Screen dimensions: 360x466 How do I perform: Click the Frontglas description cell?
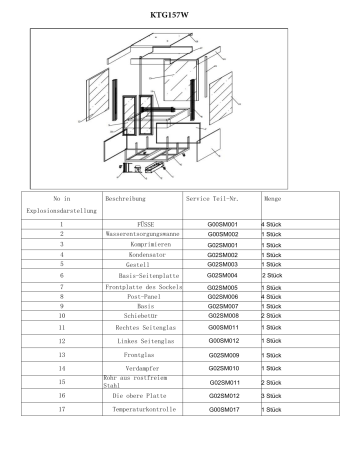click(x=146, y=355)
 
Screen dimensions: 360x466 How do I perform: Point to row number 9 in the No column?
click(x=62, y=306)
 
